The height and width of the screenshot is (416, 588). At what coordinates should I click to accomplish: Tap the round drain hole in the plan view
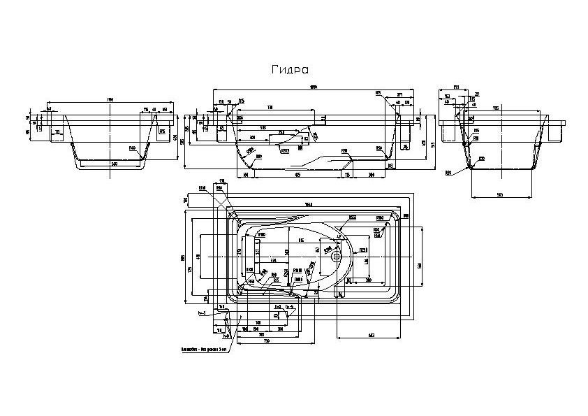coord(337,256)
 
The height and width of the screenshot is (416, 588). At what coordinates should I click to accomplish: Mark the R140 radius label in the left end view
coord(132,148)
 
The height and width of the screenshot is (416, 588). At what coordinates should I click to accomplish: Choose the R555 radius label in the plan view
coord(353,217)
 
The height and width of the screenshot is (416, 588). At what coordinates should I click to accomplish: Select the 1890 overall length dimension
coord(314,87)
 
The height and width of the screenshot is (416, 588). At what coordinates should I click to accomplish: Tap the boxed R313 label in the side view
coord(285,150)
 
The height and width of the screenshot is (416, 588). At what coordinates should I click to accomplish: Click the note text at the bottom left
coord(202,347)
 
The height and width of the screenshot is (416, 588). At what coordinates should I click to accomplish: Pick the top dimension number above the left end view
coord(110,102)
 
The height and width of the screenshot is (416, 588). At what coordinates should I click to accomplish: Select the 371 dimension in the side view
coord(399,94)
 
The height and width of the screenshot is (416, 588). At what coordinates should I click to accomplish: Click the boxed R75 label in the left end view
coord(162,131)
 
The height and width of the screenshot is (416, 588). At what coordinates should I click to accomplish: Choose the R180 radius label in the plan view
coord(261,235)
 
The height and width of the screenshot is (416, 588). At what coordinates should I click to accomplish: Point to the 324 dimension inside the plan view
coord(265,259)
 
